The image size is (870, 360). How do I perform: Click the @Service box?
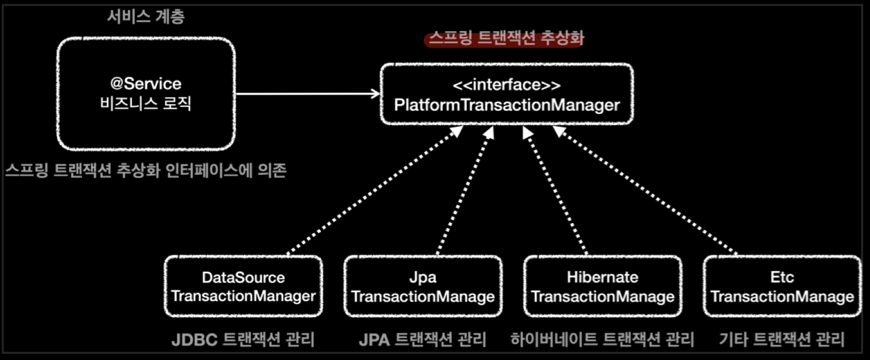pos(146,94)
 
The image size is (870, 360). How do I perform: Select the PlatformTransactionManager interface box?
pos(506,95)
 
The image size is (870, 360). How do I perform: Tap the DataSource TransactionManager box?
pos(243,286)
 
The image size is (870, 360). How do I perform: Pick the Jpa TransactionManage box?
pos(423,286)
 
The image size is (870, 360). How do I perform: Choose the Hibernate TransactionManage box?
pos(602,286)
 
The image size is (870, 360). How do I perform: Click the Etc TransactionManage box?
pos(782,286)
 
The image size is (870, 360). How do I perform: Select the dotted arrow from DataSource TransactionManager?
pos(374,192)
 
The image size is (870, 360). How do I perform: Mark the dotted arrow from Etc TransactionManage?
pos(645,192)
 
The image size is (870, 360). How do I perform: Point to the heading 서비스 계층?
pos(146,17)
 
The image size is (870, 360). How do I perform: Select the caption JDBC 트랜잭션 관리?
pos(243,340)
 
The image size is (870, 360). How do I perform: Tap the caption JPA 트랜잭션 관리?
pos(422,340)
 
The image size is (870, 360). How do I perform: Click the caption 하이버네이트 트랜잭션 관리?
pos(602,340)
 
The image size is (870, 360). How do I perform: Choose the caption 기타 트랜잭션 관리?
pos(782,340)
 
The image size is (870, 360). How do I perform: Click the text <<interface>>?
pos(506,85)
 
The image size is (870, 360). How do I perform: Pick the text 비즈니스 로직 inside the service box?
pos(146,104)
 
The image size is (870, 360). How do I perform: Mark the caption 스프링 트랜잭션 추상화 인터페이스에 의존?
pos(146,170)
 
